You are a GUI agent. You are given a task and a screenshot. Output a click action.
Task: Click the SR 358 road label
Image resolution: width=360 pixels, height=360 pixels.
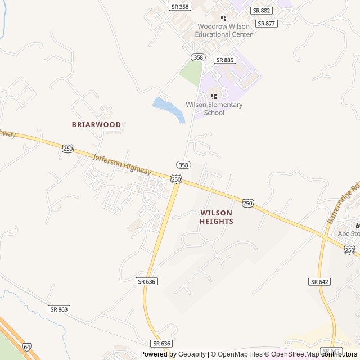[x=179, y=7]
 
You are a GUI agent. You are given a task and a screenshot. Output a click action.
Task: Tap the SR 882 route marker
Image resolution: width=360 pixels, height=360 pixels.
[x=262, y=11]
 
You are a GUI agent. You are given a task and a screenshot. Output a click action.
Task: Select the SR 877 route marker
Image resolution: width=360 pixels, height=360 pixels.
[x=266, y=24]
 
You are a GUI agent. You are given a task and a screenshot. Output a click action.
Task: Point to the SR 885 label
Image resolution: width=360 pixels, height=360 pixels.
[x=224, y=60]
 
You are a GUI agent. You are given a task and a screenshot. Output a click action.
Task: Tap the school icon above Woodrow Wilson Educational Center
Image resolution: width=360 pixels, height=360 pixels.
[x=223, y=18]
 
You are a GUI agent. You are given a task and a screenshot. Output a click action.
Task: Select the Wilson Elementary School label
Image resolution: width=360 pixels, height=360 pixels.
[x=214, y=109]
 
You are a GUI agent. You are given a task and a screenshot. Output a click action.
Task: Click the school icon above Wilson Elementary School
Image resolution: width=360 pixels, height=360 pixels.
[x=214, y=96]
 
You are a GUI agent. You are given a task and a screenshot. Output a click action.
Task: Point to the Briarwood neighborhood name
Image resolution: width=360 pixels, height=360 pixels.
[x=96, y=124]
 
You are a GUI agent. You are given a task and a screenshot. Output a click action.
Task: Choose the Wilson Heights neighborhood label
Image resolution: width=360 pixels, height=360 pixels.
[x=217, y=217]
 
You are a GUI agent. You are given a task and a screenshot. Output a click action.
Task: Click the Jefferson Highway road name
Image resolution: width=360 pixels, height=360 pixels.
[x=122, y=164]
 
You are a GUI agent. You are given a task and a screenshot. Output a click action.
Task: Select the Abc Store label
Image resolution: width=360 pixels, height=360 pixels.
[x=349, y=233]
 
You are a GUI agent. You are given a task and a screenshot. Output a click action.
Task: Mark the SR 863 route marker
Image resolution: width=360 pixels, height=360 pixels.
[x=59, y=309]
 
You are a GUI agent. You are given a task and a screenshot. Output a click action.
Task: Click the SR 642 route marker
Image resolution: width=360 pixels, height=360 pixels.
[x=319, y=281]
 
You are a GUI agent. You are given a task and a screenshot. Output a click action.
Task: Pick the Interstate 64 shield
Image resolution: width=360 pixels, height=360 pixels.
[x=28, y=347]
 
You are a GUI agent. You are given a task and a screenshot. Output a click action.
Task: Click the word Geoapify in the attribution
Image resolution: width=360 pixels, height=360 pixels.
[x=192, y=354]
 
